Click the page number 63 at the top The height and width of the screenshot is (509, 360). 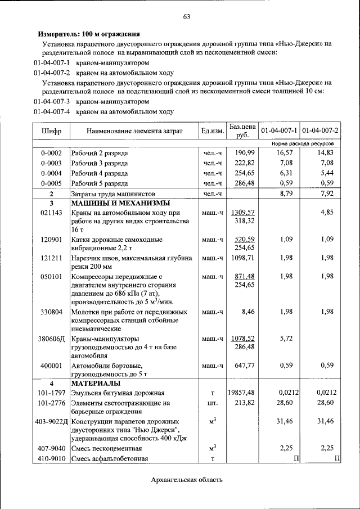pyautogui.click(x=186, y=17)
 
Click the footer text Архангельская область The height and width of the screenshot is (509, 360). pyautogui.click(x=187, y=480)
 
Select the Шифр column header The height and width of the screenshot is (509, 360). pyautogui.click(x=51, y=131)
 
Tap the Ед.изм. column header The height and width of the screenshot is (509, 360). pyautogui.click(x=213, y=131)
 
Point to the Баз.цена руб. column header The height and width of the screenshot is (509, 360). pyautogui.click(x=242, y=131)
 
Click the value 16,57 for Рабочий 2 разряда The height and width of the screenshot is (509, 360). pyautogui.click(x=284, y=152)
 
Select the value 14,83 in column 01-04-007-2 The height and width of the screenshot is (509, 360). pyautogui.click(x=325, y=152)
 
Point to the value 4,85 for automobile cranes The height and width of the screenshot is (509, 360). pyautogui.click(x=327, y=213)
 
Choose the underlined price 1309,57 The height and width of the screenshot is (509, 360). pyautogui.click(x=243, y=213)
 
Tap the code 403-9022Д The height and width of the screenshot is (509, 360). pyautogui.click(x=51, y=421)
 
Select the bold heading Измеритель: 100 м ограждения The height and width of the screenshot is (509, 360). pyautogui.click(x=88, y=34)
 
